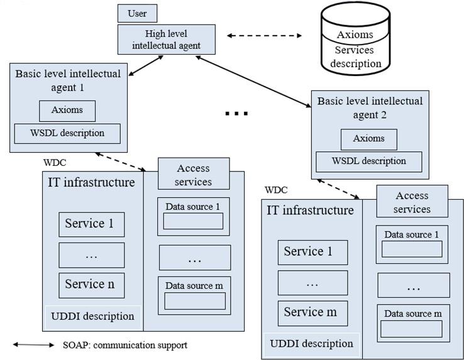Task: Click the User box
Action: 137,13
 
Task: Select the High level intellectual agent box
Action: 167,39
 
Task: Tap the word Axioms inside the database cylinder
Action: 355,35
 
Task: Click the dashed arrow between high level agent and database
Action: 264,36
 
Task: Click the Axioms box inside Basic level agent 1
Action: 68,111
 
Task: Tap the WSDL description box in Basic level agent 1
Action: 67,133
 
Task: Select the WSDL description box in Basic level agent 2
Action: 369,161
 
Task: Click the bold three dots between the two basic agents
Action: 236,114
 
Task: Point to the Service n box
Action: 91,284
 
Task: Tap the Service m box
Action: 312,312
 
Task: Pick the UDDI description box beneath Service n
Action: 92,315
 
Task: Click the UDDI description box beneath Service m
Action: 312,344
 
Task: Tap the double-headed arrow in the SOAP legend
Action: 33,345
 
